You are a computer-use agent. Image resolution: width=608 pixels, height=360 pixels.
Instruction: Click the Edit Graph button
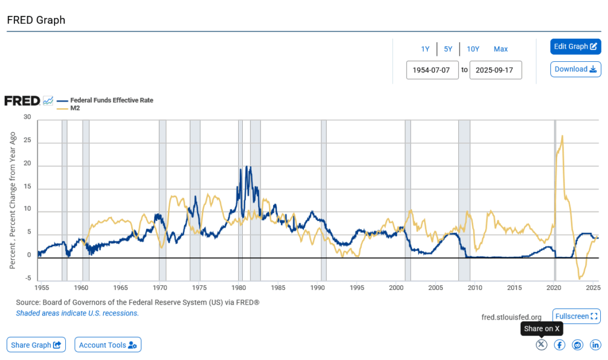pyautogui.click(x=575, y=46)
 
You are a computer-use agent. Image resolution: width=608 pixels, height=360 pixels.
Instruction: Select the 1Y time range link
pyautogui.click(x=425, y=49)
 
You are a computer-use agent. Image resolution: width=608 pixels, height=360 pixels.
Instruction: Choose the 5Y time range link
pyautogui.click(x=448, y=49)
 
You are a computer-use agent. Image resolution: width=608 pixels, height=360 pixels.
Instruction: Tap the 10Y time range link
pyautogui.click(x=473, y=49)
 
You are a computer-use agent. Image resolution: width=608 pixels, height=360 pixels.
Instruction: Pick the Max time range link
pyautogui.click(x=501, y=49)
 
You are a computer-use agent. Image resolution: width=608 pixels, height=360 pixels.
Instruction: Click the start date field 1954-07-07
pyautogui.click(x=432, y=70)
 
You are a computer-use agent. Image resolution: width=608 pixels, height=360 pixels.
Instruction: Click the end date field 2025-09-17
pyautogui.click(x=495, y=70)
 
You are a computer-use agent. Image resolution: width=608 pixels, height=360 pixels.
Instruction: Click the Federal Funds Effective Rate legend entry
pyautogui.click(x=112, y=100)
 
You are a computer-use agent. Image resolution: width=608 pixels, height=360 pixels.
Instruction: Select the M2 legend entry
pyautogui.click(x=75, y=108)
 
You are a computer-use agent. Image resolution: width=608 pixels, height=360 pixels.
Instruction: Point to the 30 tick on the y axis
pyautogui.click(x=27, y=117)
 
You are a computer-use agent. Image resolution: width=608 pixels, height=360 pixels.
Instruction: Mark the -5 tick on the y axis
pyautogui.click(x=27, y=279)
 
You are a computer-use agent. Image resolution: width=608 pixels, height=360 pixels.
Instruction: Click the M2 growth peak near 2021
pyautogui.click(x=562, y=136)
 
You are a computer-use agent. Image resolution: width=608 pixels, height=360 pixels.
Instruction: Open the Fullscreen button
pyautogui.click(x=576, y=316)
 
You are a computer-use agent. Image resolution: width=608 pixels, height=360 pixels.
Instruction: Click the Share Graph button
pyautogui.click(x=36, y=345)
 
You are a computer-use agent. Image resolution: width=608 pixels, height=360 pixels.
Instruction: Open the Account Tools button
pyautogui.click(x=107, y=345)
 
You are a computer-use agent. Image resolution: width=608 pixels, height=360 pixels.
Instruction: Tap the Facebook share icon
pyautogui.click(x=559, y=345)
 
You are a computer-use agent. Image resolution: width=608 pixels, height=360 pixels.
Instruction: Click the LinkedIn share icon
pyautogui.click(x=595, y=345)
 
